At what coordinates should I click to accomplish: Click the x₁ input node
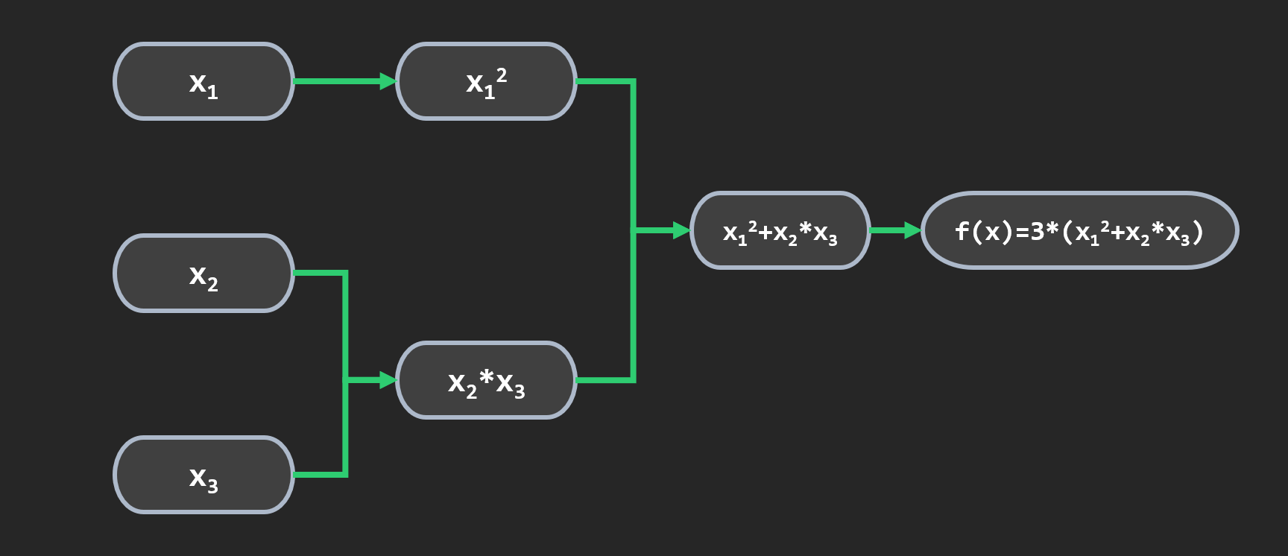pyautogui.click(x=203, y=81)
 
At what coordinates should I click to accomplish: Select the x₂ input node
pyautogui.click(x=203, y=274)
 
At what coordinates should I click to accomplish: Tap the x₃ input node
pyautogui.click(x=203, y=475)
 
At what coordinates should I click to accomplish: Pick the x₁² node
pyautogui.click(x=486, y=81)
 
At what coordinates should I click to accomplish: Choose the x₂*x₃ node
pyautogui.click(x=486, y=380)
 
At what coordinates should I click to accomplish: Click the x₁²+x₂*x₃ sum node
pyautogui.click(x=780, y=231)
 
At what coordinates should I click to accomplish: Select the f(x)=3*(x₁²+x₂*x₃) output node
pyautogui.click(x=1079, y=231)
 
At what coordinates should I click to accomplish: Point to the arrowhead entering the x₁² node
pyautogui.click(x=388, y=81)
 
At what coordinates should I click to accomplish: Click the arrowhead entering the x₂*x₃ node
pyautogui.click(x=388, y=380)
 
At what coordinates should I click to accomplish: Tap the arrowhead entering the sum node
pyautogui.click(x=681, y=231)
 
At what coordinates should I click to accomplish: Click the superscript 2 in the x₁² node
pyautogui.click(x=502, y=75)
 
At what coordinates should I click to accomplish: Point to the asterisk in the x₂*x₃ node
pyautogui.click(x=486, y=378)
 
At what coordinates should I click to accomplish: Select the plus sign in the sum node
pyautogui.click(x=765, y=233)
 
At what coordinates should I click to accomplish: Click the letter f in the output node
pyautogui.click(x=962, y=231)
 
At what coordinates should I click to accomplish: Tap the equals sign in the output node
pyautogui.click(x=1021, y=232)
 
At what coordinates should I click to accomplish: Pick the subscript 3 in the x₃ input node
pyautogui.click(x=213, y=486)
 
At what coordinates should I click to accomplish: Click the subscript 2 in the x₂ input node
pyautogui.click(x=213, y=285)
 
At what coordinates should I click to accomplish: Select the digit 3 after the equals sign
pyautogui.click(x=1037, y=231)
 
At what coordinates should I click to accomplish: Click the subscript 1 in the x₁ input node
pyautogui.click(x=213, y=92)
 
